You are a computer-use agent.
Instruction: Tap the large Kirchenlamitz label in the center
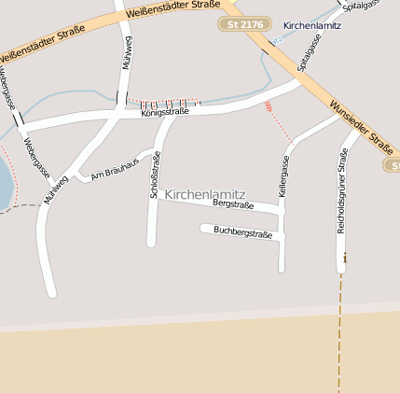click(x=204, y=194)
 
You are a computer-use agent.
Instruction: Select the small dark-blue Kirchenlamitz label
click(x=311, y=25)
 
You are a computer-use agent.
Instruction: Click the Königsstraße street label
click(x=165, y=111)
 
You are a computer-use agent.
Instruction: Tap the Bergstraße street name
click(x=233, y=203)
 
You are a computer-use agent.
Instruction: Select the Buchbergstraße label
click(x=242, y=232)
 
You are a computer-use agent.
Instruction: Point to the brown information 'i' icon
click(x=345, y=257)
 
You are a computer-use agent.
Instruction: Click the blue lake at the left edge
click(x=5, y=182)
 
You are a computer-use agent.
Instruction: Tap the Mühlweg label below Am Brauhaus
click(x=56, y=188)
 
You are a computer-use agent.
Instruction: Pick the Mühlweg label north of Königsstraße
click(x=127, y=54)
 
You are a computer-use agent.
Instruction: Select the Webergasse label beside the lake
click(x=35, y=159)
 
